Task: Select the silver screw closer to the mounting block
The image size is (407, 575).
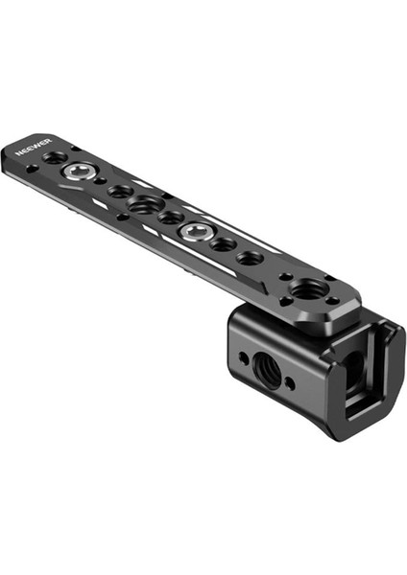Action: (198, 231)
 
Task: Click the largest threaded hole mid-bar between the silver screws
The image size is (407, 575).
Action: (146, 204)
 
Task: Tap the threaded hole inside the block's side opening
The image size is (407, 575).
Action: (351, 365)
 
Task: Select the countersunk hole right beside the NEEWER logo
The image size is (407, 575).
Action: (55, 155)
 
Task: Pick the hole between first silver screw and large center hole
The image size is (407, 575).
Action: (120, 192)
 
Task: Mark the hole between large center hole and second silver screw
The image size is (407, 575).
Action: (171, 218)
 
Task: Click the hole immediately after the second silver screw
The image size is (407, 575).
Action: (224, 244)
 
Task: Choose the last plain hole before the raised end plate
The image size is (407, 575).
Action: (250, 258)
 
